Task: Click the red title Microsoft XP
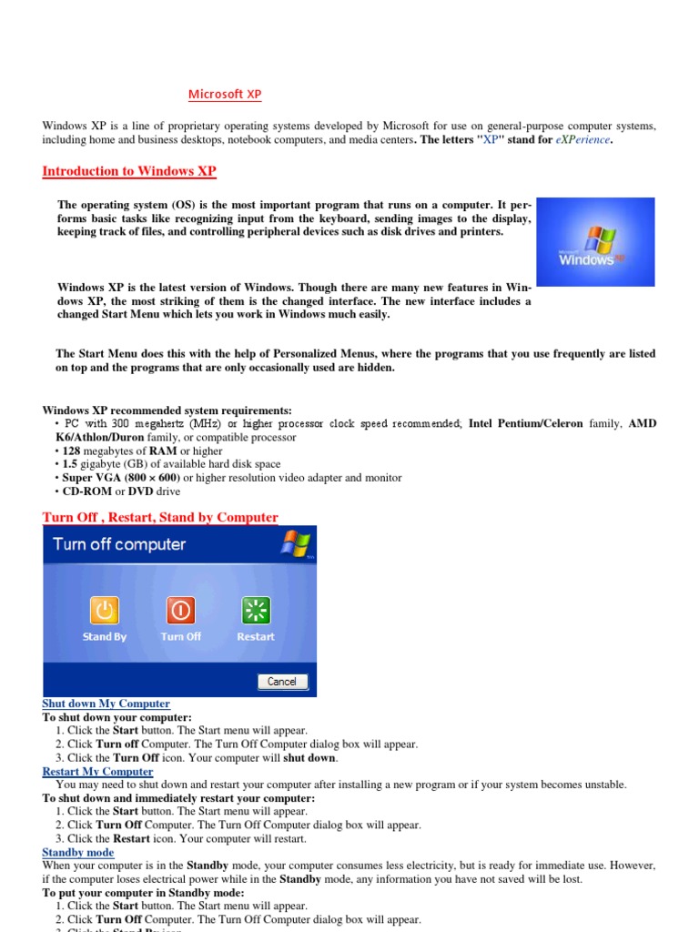[225, 95]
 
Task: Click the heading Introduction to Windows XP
[129, 171]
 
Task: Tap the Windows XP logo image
[594, 242]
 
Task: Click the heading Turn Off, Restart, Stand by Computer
[160, 517]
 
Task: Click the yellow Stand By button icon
[105, 610]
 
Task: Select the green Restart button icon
[255, 610]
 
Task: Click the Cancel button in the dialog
[282, 681]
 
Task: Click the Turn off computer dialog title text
[119, 544]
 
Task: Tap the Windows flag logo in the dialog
[296, 543]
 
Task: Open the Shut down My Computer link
[106, 704]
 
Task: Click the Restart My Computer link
[97, 772]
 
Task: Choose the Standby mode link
[78, 853]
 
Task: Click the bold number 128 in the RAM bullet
[71, 451]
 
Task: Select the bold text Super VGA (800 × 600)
[120, 478]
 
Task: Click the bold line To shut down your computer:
[117, 717]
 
